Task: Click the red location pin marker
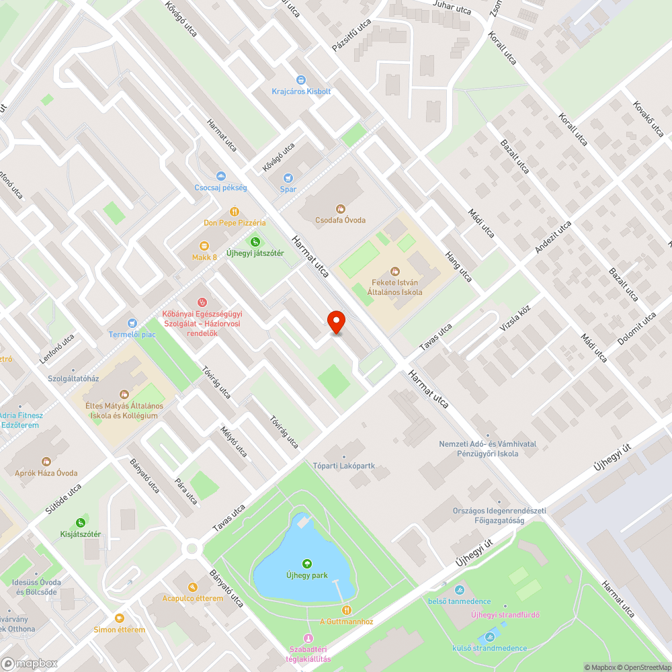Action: pyautogui.click(x=336, y=323)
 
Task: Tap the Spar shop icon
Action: pyautogui.click(x=288, y=178)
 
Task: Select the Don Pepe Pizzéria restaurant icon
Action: pyautogui.click(x=235, y=211)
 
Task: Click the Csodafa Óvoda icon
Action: pyautogui.click(x=341, y=209)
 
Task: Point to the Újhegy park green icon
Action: pyautogui.click(x=307, y=563)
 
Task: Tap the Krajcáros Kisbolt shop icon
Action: pyautogui.click(x=301, y=80)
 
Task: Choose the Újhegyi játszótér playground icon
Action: pyautogui.click(x=255, y=242)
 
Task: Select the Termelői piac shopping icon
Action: pyautogui.click(x=132, y=323)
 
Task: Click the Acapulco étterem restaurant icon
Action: pyautogui.click(x=192, y=587)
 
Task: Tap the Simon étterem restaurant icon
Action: pyautogui.click(x=120, y=618)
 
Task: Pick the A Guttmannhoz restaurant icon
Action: pyautogui.click(x=346, y=610)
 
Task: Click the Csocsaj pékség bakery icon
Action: pyautogui.click(x=220, y=176)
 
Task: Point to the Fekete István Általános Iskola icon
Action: pyautogui.click(x=394, y=271)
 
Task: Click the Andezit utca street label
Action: pyautogui.click(x=553, y=237)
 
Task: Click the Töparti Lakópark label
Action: pyautogui.click(x=343, y=466)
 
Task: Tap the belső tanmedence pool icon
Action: pyautogui.click(x=459, y=591)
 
